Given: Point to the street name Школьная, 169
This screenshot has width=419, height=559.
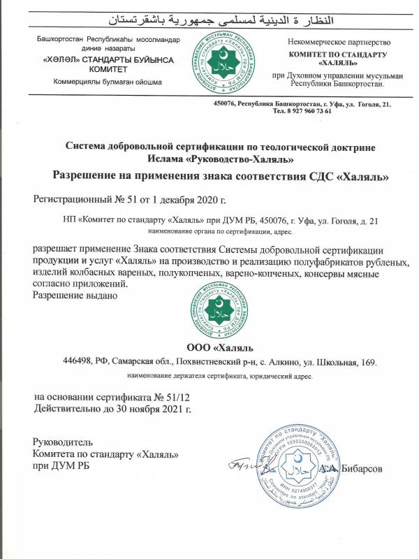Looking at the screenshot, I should point(344,362).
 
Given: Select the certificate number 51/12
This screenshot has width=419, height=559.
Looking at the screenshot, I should point(179,397).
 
